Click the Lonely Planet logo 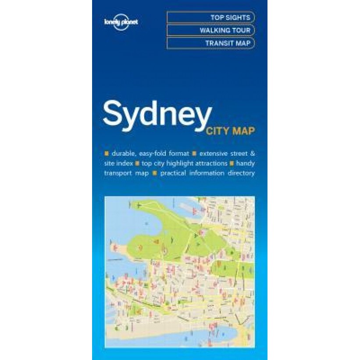121,21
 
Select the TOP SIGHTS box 210,18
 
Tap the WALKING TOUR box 210,30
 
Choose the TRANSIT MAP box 210,43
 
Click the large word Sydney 157,114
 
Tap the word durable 124,153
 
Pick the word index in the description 125,163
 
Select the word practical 175,173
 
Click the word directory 241,173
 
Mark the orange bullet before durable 107,153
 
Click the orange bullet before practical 154,173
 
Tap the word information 207,173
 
